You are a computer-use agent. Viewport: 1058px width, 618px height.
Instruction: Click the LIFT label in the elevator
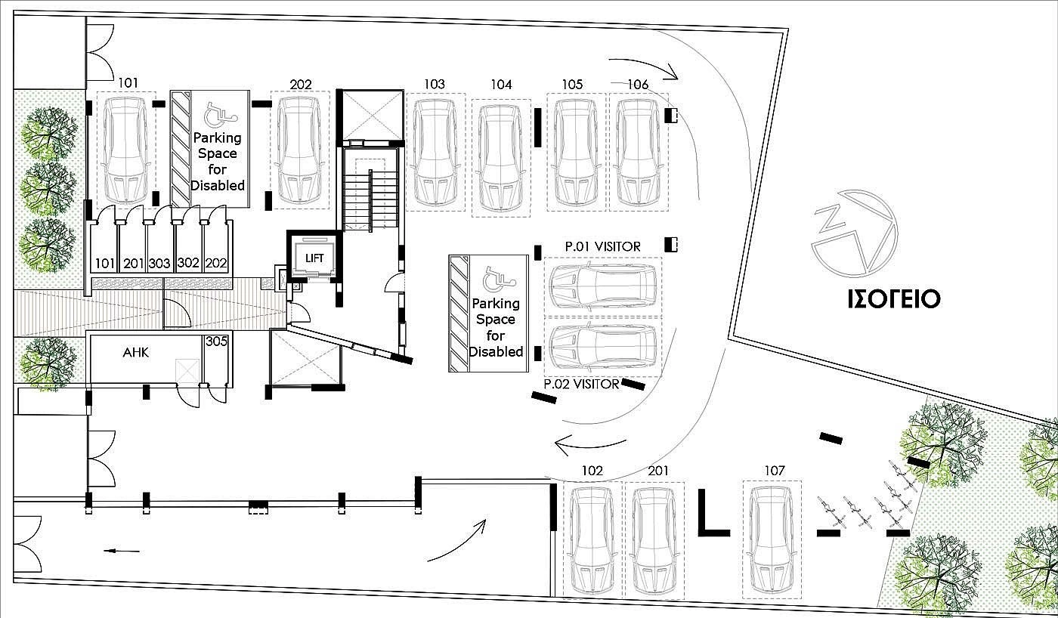(314, 258)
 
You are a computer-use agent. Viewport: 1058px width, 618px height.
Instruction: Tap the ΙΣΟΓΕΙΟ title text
(893, 299)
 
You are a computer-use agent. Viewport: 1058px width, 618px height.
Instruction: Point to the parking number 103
(434, 85)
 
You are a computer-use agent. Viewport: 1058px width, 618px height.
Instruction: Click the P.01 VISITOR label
(603, 246)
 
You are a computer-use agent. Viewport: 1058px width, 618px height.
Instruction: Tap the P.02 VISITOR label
(581, 384)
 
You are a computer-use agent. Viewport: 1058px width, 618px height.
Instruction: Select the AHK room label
(135, 352)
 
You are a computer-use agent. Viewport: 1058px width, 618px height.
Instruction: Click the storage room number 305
(216, 341)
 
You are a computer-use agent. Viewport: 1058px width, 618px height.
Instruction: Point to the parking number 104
(501, 85)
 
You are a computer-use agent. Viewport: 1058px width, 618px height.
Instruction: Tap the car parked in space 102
(592, 542)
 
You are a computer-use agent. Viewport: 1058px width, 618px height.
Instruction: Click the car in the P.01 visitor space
(603, 286)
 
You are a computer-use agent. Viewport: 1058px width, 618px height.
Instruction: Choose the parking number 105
(572, 85)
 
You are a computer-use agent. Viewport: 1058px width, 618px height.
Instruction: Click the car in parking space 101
(125, 151)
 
